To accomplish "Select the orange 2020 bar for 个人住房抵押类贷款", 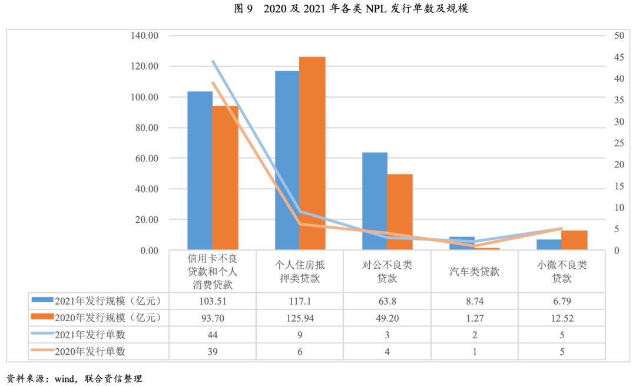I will (x=312, y=153).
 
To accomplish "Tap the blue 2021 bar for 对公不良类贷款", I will (x=375, y=201).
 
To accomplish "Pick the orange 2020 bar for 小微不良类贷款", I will (x=575, y=240).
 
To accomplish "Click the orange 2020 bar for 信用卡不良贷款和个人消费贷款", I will (x=225, y=177).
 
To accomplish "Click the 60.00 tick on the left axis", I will (x=146, y=159).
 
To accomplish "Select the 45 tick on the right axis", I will (x=618, y=57).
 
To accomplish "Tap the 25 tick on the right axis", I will (x=618, y=143).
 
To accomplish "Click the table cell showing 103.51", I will (x=212, y=301).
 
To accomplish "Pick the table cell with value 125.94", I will (x=300, y=318).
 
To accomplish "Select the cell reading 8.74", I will (x=474, y=301).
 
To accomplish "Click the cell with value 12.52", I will (x=561, y=318).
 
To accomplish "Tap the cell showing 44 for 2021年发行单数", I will (x=212, y=335).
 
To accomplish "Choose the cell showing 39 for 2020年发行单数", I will (x=212, y=352).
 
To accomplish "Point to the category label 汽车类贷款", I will (x=474, y=272).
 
